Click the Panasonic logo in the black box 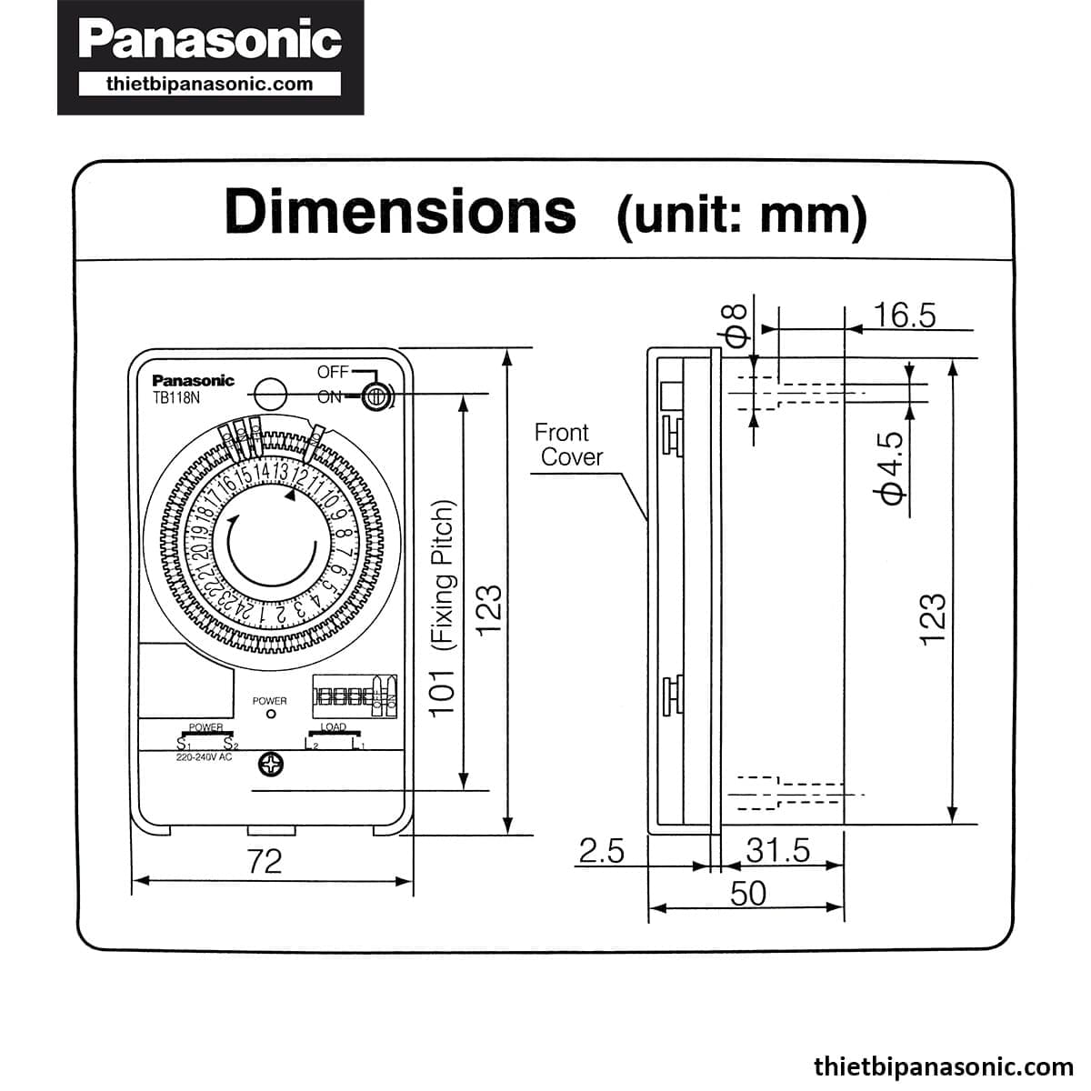[x=210, y=41]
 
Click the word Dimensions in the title [x=400, y=211]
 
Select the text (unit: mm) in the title [x=741, y=215]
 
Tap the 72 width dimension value [x=265, y=860]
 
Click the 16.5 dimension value [x=904, y=315]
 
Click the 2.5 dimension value [x=602, y=851]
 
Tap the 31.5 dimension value [x=777, y=850]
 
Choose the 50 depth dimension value [x=748, y=894]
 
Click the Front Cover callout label [x=566, y=445]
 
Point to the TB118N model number [x=175, y=398]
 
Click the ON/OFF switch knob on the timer [x=375, y=396]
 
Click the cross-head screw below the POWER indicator [x=271, y=766]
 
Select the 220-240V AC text [x=205, y=756]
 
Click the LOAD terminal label [x=334, y=727]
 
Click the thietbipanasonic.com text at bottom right [x=943, y=1066]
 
